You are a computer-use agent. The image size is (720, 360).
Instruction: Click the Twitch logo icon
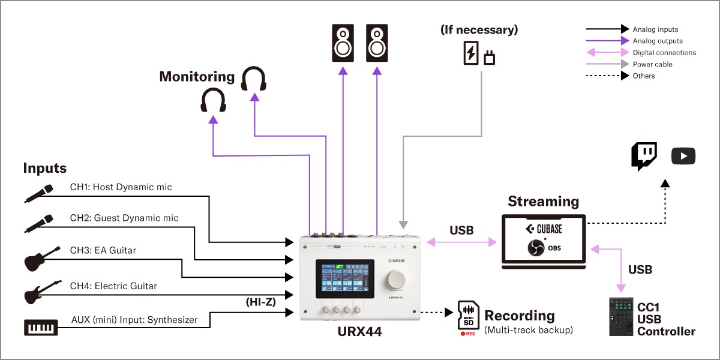point(644,157)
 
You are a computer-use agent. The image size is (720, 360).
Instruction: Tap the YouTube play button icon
point(683,157)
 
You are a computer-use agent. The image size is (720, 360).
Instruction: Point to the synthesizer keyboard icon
point(41,327)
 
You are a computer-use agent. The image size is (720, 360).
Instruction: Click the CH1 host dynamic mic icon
point(40,193)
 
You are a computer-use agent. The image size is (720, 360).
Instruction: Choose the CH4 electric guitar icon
point(42,292)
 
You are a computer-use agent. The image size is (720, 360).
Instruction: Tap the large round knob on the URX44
point(397,280)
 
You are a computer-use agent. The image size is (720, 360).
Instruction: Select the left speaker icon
point(343,43)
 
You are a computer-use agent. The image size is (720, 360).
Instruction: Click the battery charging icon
point(472,53)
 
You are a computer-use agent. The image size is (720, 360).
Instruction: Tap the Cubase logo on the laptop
point(544,229)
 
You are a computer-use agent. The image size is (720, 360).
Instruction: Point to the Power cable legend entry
point(652,64)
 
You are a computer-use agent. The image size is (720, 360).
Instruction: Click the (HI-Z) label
point(260,302)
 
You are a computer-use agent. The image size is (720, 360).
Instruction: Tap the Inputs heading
point(45,168)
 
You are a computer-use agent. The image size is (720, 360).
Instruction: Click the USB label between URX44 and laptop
point(461,230)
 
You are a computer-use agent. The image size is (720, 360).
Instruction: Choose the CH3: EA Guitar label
point(103,250)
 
